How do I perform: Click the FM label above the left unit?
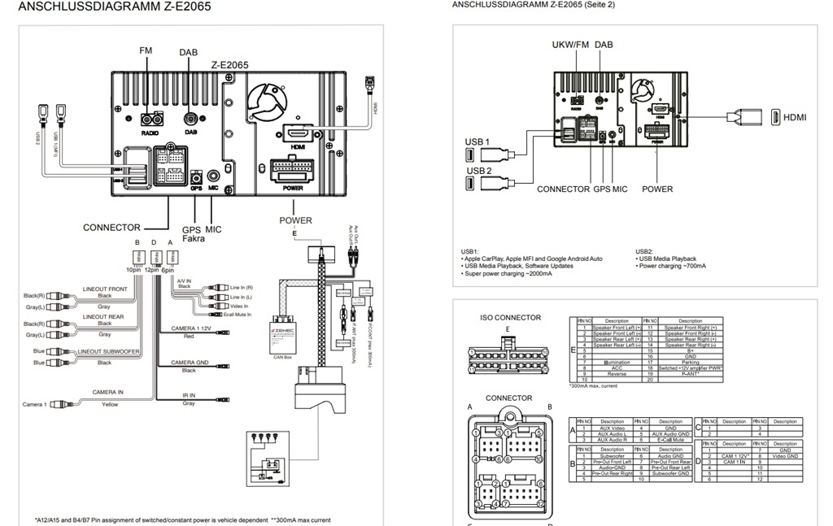click(146, 50)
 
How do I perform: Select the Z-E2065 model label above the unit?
click(229, 64)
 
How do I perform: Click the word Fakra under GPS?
click(193, 239)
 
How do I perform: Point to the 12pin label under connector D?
click(152, 269)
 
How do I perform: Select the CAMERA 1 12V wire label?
click(190, 328)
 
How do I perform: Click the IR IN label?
click(189, 396)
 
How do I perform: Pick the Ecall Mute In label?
click(238, 314)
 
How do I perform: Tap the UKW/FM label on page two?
click(570, 45)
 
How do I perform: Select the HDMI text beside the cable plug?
click(795, 117)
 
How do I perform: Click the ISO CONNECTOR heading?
click(510, 318)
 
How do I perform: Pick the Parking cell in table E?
click(690, 363)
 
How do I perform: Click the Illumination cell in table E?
click(617, 363)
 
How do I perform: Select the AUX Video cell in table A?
click(612, 428)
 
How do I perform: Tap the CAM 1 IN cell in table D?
click(735, 462)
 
